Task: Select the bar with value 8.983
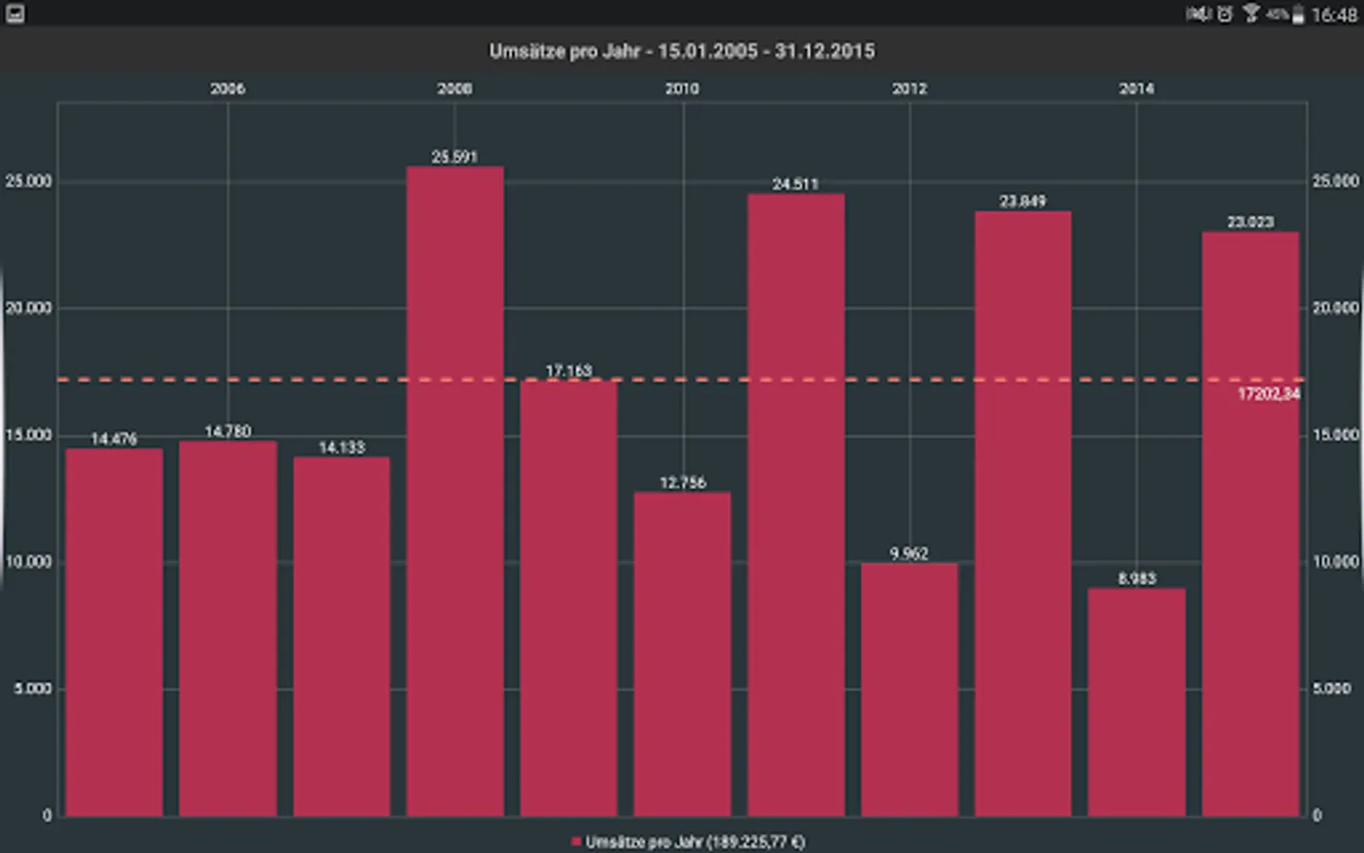pos(1137,701)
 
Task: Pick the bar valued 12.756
pos(682,654)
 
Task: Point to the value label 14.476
pos(114,439)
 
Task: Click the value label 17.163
pos(568,371)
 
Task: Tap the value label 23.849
pos(1023,201)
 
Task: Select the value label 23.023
pos(1250,222)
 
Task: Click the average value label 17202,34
pos(1268,394)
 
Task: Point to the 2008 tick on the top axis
pos(455,88)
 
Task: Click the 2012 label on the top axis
pos(909,88)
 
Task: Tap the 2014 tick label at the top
pos(1137,88)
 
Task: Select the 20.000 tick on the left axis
pos(28,308)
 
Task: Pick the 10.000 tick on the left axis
pos(28,562)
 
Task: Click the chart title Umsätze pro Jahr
pos(682,51)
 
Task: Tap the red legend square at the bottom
pos(576,842)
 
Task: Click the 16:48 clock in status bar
pos(1334,14)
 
